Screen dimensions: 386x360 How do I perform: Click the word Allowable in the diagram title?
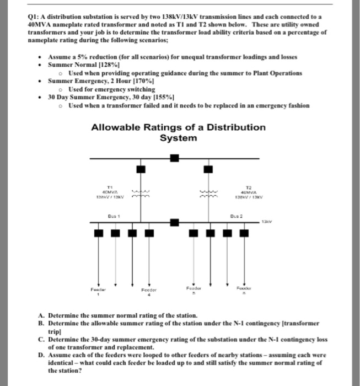click(x=119, y=127)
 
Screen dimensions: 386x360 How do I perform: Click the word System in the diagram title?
click(x=178, y=138)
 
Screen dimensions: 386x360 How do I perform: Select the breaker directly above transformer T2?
click(x=207, y=168)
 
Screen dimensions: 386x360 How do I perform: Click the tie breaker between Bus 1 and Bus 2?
click(x=174, y=223)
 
